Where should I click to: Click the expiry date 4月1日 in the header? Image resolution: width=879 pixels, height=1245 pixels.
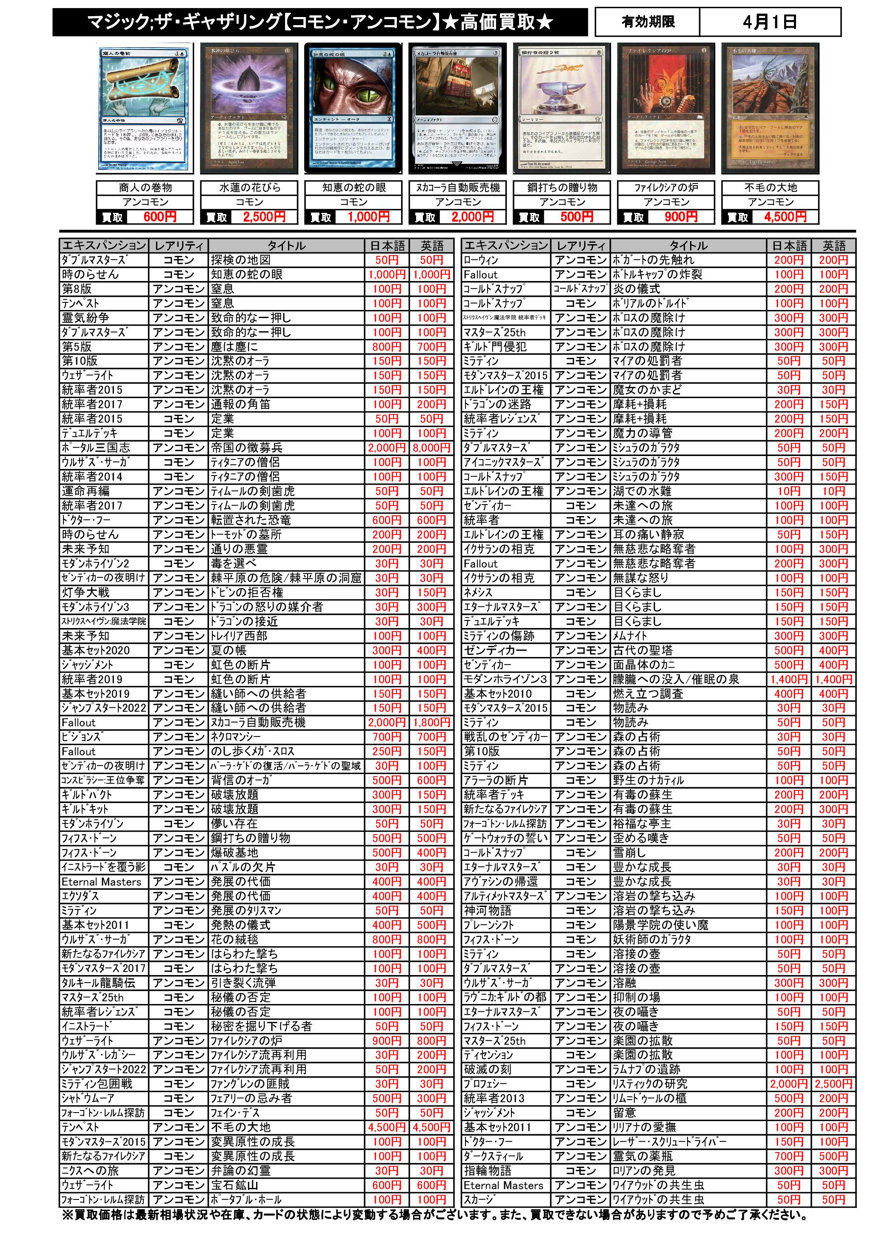click(770, 22)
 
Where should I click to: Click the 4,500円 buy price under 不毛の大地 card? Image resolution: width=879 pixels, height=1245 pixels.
click(785, 217)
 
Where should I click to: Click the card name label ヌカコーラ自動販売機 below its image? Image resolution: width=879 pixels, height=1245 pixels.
click(458, 188)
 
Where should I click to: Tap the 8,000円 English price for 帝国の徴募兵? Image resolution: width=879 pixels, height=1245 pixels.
click(431, 448)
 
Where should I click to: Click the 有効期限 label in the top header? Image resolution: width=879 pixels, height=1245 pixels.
click(648, 22)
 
